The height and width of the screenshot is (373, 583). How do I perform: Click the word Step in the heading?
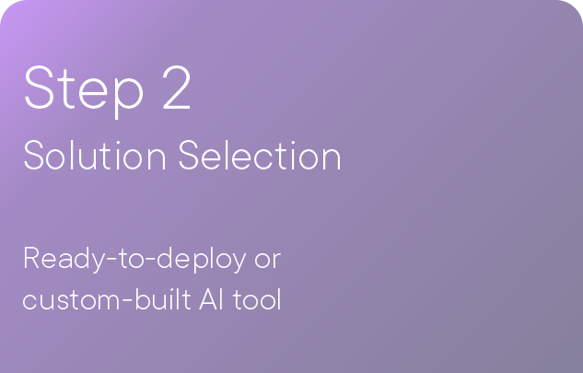point(84,91)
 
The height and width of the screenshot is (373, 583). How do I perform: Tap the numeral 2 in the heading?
point(177,87)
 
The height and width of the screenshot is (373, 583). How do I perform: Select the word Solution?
point(95,155)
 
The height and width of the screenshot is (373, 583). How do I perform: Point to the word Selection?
point(260,155)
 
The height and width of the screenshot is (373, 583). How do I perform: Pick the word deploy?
point(201,259)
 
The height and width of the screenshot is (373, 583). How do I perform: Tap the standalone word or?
point(268,262)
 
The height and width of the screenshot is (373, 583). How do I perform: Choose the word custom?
point(70,300)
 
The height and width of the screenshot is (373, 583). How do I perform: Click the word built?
point(163,298)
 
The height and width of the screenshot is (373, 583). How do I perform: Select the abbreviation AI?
point(211,299)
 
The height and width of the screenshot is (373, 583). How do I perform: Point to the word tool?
point(257,299)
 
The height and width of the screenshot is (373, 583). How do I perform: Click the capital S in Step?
point(39,87)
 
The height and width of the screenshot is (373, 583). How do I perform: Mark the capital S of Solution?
point(34,155)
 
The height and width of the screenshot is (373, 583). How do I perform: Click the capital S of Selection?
point(189,155)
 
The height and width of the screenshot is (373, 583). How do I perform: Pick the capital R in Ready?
point(31,257)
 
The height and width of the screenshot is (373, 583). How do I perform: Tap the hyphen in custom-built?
point(126,302)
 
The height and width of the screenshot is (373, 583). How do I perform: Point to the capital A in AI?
point(208,299)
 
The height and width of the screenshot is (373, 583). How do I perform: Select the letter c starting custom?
point(29,301)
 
